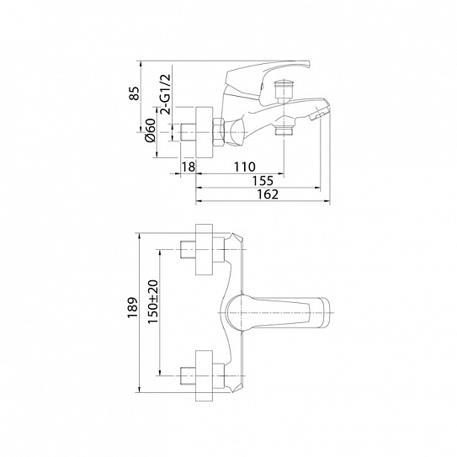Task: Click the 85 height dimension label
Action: click(135, 93)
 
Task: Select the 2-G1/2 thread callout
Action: click(165, 93)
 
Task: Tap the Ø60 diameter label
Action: click(151, 130)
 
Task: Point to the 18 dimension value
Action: click(189, 167)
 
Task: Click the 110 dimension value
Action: click(245, 167)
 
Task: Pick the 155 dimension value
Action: click(263, 181)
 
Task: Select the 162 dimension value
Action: click(268, 194)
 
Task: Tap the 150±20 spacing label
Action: click(152, 301)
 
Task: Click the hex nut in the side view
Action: click(219, 132)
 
